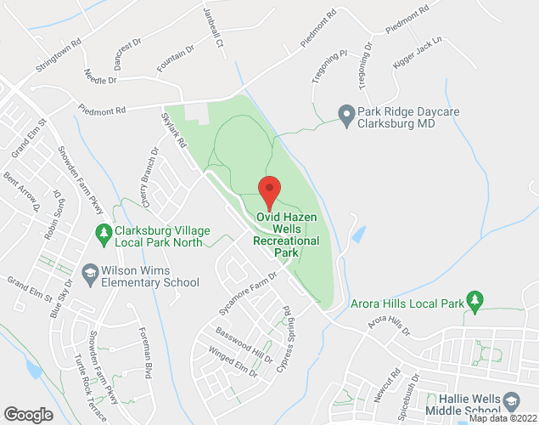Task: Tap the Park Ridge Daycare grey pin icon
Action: [x=345, y=113]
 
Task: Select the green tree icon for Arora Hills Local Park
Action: [x=475, y=300]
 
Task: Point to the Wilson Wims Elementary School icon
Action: [x=90, y=272]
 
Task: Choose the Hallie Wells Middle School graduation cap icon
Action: [x=511, y=399]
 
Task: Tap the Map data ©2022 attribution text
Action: [x=503, y=418]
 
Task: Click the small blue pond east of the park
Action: [x=359, y=233]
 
